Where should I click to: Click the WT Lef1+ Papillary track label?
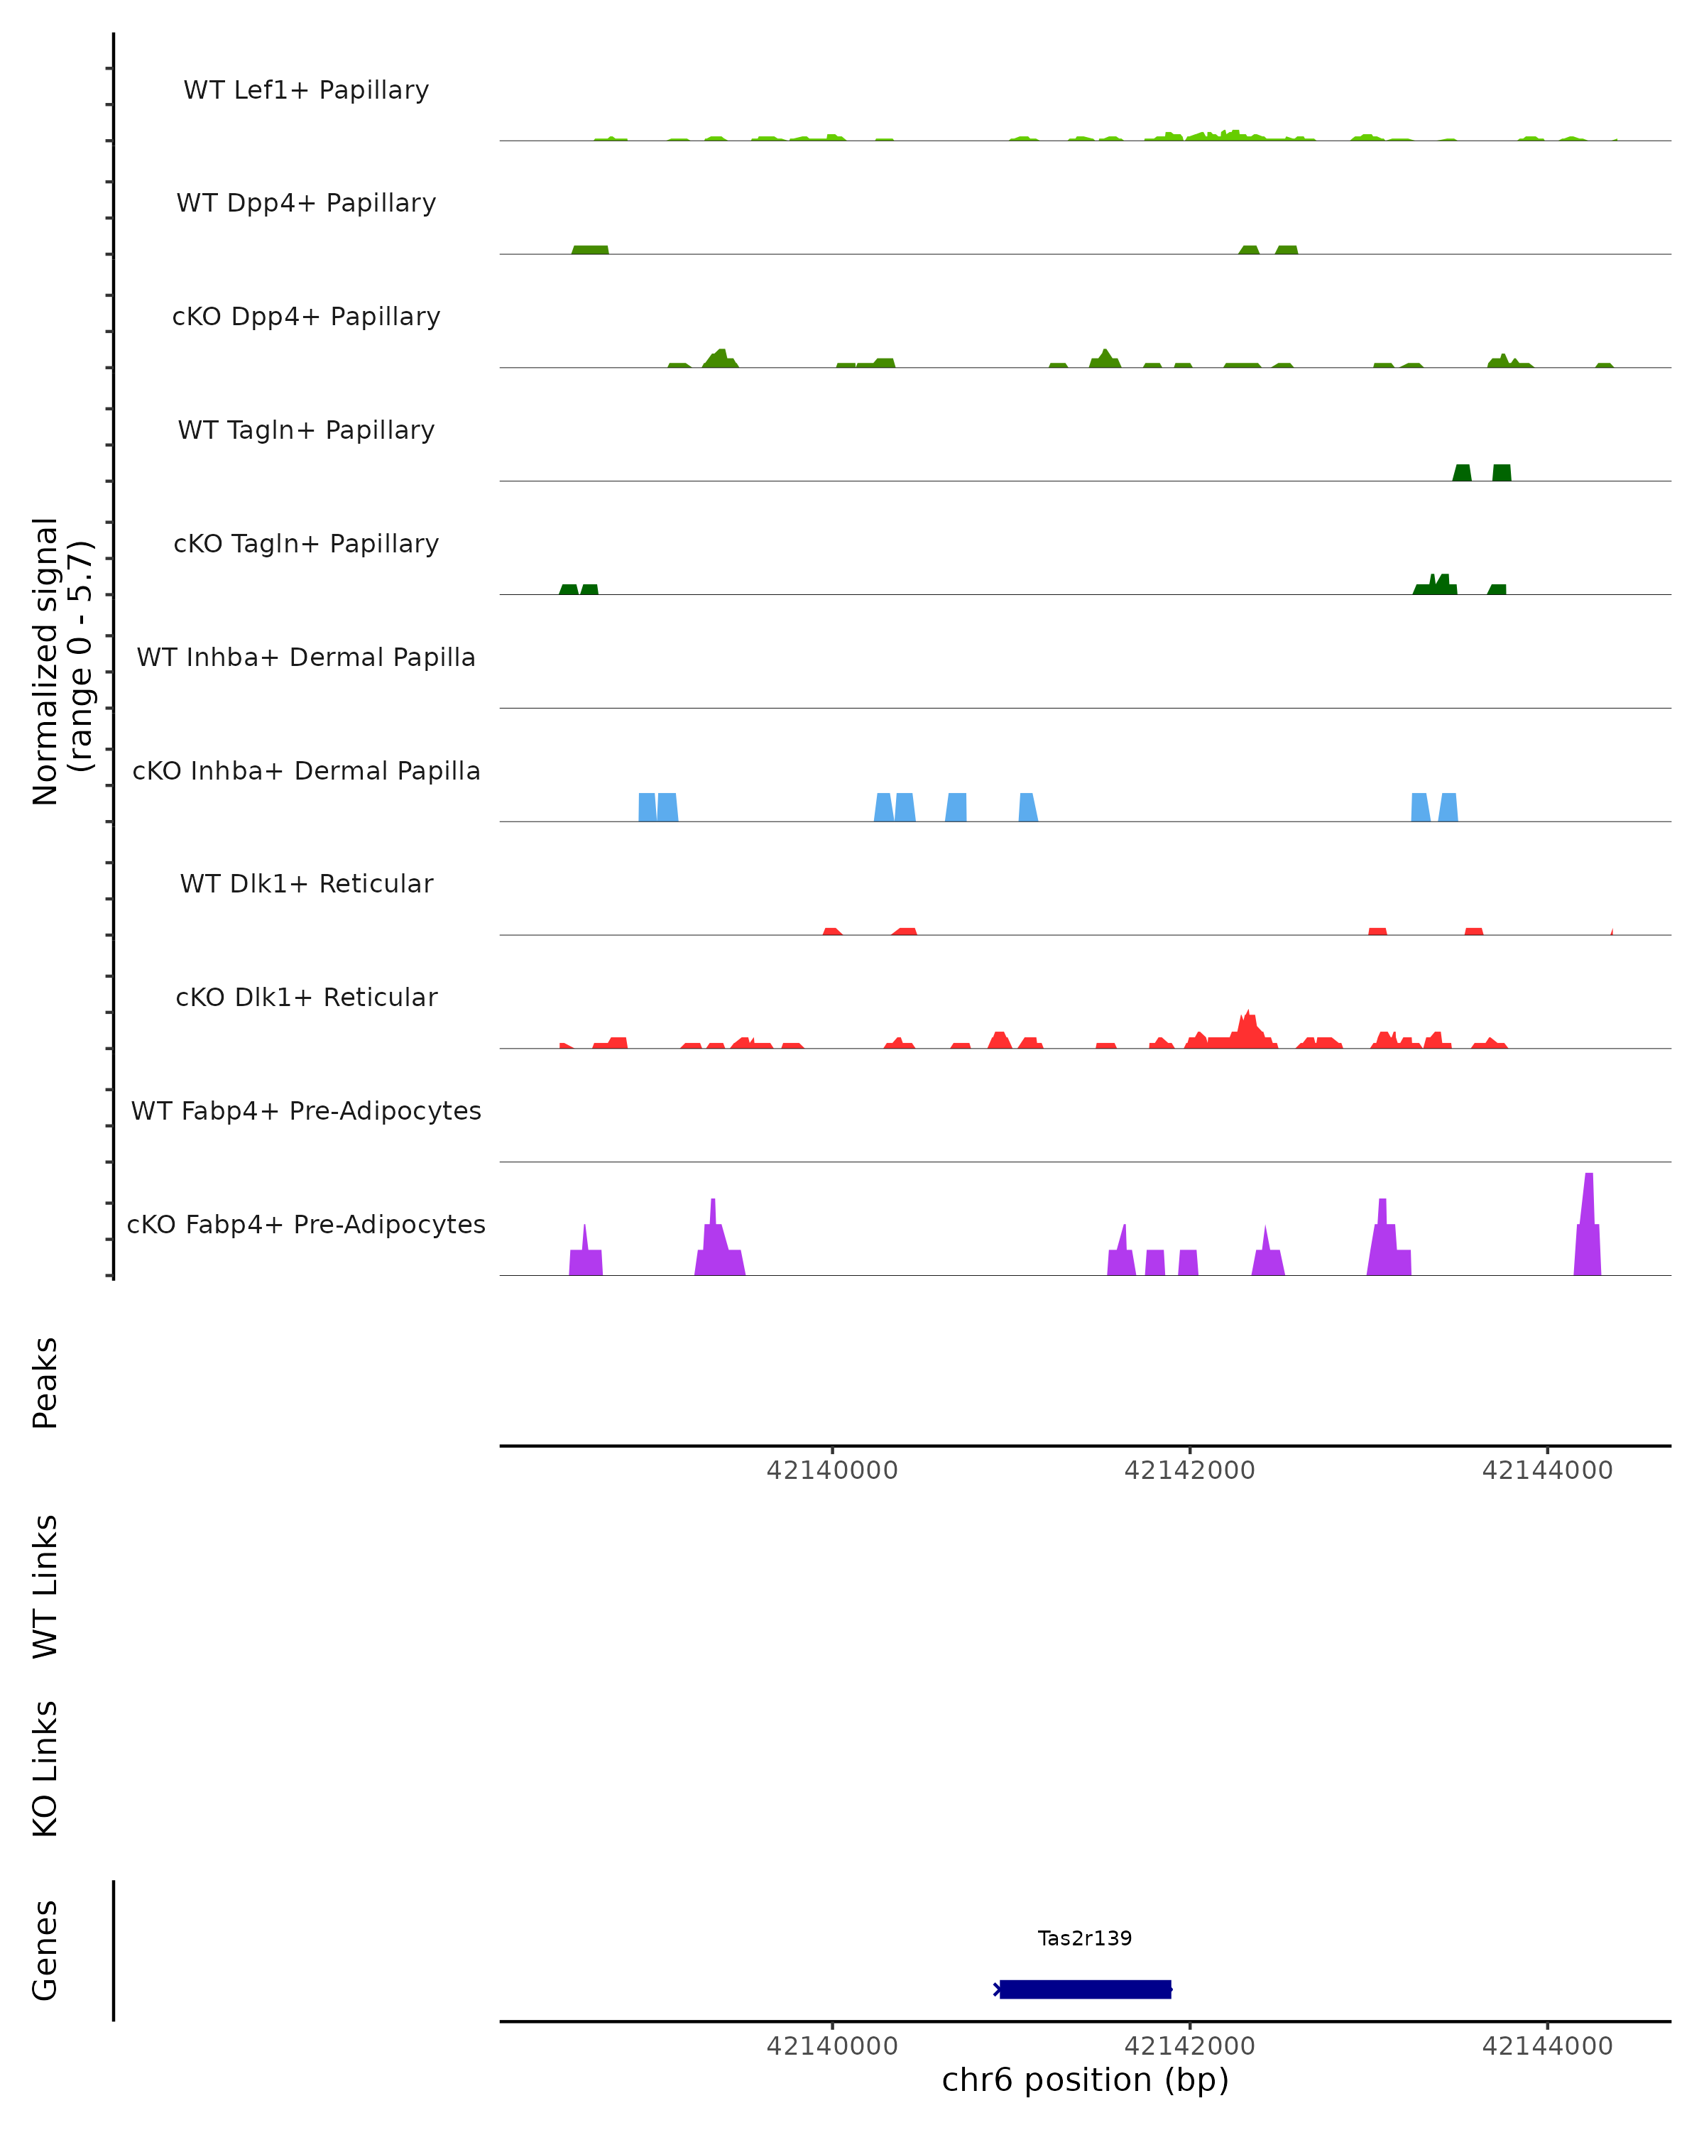click(306, 90)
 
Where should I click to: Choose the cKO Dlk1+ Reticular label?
click(306, 997)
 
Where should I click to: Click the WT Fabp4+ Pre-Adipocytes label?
click(306, 1110)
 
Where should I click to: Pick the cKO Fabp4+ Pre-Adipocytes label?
click(306, 1224)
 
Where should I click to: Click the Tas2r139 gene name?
click(1085, 1938)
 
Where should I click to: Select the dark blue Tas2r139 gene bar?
click(1085, 1989)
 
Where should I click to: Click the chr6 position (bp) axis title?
click(1085, 2080)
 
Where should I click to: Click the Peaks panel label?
click(45, 1382)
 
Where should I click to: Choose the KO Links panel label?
click(45, 1769)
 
